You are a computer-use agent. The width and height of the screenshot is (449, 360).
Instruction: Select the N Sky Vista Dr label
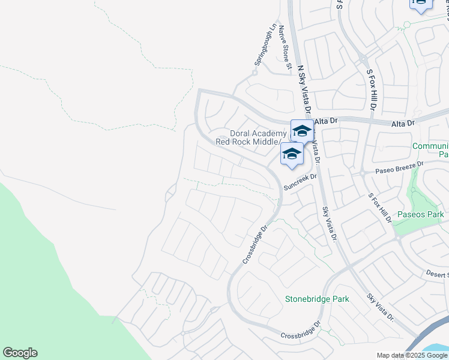coord(304,85)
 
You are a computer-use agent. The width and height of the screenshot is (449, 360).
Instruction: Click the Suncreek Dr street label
coord(300,186)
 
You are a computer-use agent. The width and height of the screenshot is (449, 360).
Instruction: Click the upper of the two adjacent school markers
coord(302,130)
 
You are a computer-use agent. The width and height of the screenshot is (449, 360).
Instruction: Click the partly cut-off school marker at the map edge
coord(420,4)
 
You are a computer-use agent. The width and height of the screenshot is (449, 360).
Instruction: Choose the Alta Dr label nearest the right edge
coord(403,123)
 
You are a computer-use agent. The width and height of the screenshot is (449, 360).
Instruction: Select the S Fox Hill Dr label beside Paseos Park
coord(381,209)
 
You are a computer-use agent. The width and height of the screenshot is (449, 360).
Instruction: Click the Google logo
coord(20,353)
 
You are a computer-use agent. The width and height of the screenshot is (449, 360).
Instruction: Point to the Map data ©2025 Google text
coord(411,355)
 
